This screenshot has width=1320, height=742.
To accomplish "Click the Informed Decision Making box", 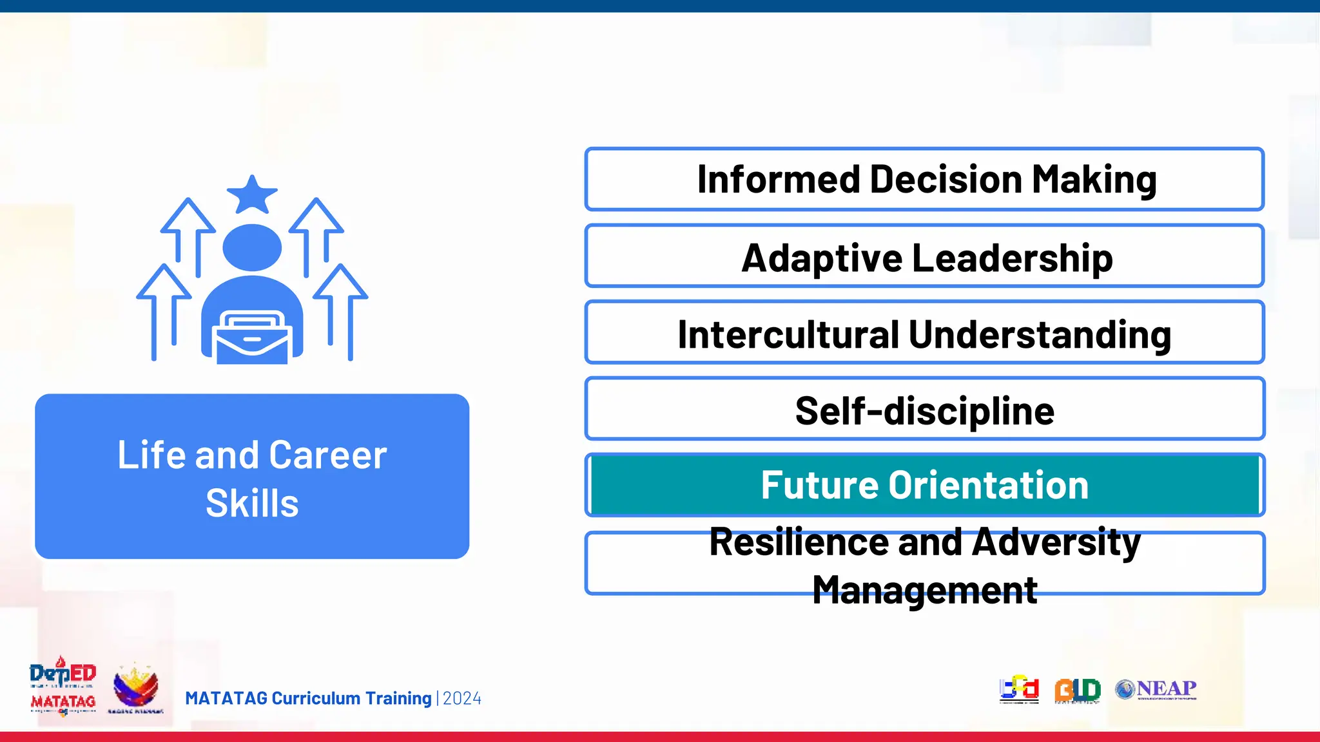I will pos(924,179).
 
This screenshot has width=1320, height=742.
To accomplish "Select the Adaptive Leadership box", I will pos(924,256).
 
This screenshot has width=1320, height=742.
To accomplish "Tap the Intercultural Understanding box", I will pos(924,333).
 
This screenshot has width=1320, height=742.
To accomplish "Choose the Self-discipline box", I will pos(924,410).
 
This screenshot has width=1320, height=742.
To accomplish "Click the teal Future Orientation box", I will pos(924,485).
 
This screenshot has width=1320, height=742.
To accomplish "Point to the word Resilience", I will pos(799,542).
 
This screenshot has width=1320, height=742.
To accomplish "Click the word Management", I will pos(924,589).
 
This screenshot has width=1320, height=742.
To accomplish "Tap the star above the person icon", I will pos(252,195).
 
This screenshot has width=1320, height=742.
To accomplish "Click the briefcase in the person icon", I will pos(252,338).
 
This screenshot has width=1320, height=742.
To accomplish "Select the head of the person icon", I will pos(252,247).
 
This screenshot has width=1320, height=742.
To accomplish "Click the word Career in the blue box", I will pos(327,455).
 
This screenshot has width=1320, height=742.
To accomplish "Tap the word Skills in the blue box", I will pos(252,503).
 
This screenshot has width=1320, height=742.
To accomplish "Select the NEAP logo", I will pos(1156,689).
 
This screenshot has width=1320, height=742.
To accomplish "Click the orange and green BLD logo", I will pos(1077,690).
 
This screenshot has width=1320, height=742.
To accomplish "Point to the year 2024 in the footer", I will pos(462,699).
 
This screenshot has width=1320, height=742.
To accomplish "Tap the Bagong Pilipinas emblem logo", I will pos(135,689).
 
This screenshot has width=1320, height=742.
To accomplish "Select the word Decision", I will pos(946,180).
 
